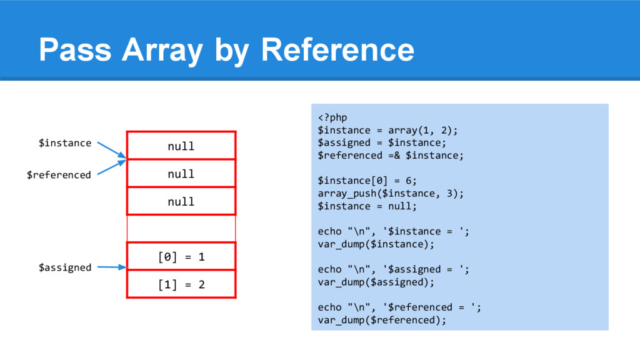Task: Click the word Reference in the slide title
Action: point(337,49)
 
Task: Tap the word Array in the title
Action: point(162,49)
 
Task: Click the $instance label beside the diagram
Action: point(65,143)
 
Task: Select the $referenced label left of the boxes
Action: point(59,175)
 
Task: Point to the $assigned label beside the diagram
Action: point(65,267)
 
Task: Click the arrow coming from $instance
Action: point(112,150)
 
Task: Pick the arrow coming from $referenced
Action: point(112,167)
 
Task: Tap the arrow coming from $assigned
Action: point(112,267)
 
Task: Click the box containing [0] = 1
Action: point(181,257)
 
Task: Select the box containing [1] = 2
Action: point(181,284)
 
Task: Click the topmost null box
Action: point(181,146)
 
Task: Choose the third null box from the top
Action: point(181,201)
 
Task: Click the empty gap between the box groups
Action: point(181,229)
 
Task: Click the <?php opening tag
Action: point(332,117)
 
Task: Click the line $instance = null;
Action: point(367,206)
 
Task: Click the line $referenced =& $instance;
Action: point(391,155)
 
